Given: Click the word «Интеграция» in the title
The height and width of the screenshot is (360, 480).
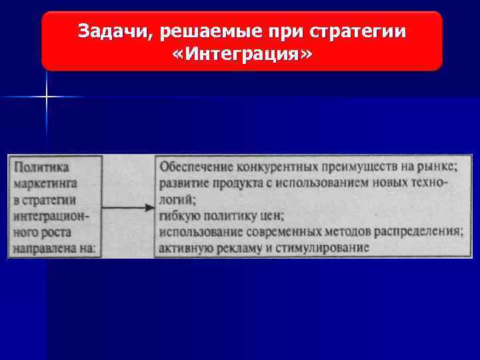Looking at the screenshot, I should click(x=241, y=54).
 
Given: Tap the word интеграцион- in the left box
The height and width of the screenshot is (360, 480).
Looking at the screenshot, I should click(x=51, y=216).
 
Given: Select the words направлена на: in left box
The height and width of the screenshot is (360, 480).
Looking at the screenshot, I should click(x=54, y=249).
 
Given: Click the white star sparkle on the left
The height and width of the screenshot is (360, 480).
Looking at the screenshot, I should click(x=47, y=97).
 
